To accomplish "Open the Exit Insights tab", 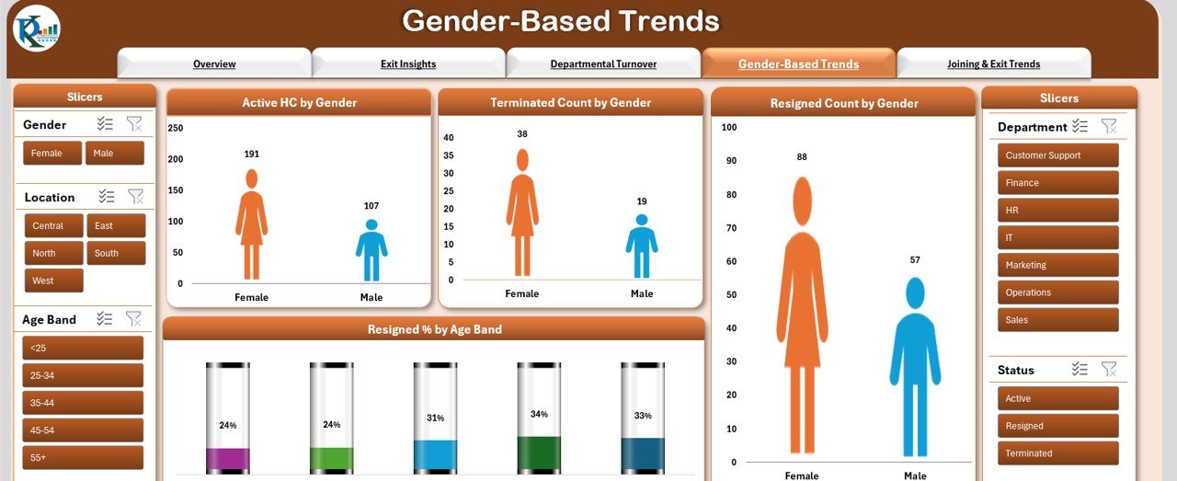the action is coord(408,63).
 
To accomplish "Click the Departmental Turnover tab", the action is coord(603,63).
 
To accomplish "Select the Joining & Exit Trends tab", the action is coord(994,63).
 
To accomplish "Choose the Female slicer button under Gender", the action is coord(52,153).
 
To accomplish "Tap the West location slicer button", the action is coord(53,281).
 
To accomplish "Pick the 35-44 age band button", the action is coord(83,403).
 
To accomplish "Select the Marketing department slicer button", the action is coord(1057,265).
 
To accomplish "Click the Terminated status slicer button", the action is coord(1057,453).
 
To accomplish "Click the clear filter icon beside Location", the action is coord(135,197).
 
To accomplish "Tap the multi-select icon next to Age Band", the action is coord(104,318).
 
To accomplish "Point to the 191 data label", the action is coord(252,154).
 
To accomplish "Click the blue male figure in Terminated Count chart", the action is coord(642,246).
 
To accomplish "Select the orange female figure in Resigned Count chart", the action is coord(802,315).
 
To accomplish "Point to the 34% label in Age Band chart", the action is coord(539,414).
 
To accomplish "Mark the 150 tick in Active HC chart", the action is coord(176,190).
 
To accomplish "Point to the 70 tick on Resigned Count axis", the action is coord(731,228).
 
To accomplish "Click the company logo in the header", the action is coord(37,29).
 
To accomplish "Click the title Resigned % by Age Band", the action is coord(435,329).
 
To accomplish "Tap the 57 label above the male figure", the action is coord(915,260).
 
